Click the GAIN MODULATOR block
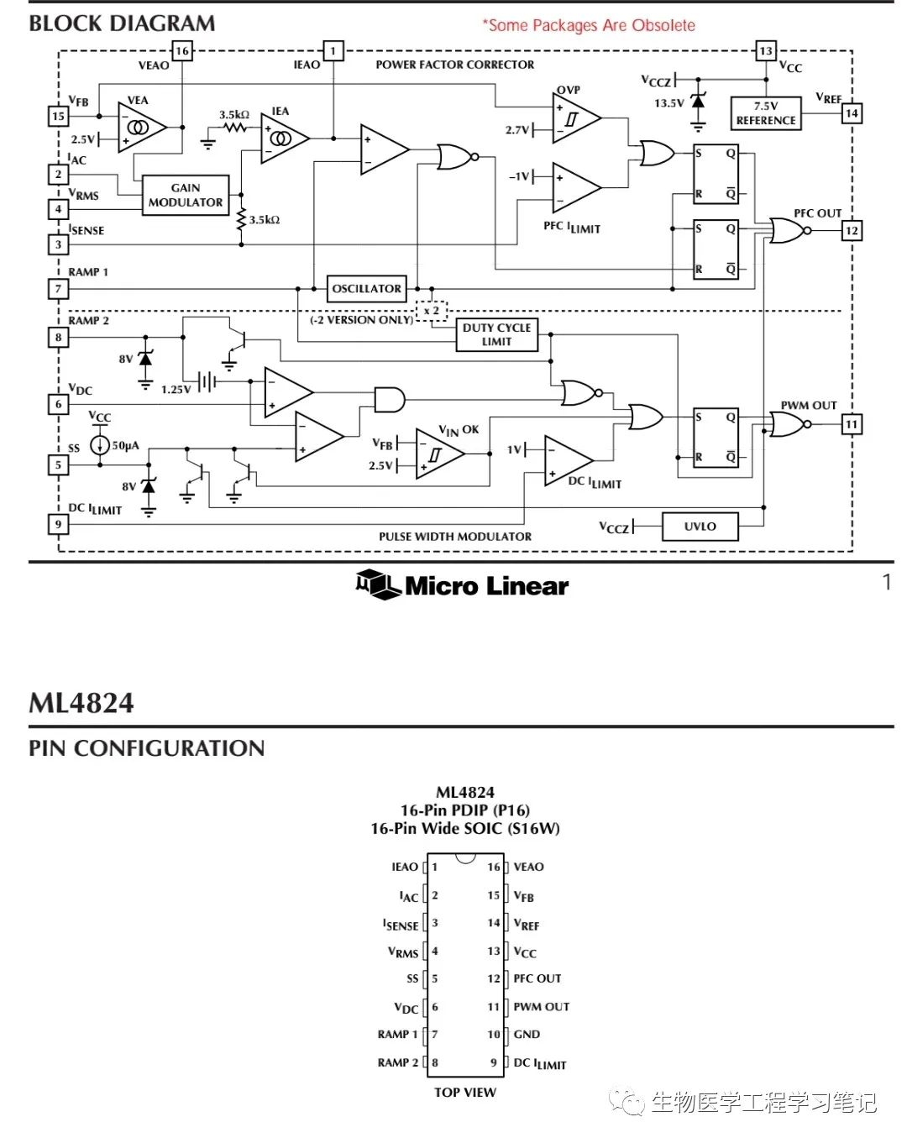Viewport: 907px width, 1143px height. point(186,195)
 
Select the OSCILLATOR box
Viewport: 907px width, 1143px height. point(367,288)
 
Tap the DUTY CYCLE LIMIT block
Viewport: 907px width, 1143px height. point(496,334)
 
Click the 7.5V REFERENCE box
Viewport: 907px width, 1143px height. point(765,113)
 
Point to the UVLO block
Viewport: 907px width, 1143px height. point(700,527)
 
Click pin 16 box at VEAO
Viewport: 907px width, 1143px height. point(181,50)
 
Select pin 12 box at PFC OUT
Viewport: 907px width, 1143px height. point(852,230)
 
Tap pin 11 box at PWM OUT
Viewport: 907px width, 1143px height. point(852,424)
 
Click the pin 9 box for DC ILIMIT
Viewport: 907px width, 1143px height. point(58,524)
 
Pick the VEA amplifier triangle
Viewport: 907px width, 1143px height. point(139,128)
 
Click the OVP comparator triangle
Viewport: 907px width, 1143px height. point(574,118)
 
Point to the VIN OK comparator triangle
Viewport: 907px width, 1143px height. point(437,454)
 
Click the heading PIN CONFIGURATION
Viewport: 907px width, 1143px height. point(147,747)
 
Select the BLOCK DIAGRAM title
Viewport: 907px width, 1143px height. point(122,24)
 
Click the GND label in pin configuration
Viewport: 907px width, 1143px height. point(527,1034)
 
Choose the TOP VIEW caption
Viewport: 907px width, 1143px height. point(465,1092)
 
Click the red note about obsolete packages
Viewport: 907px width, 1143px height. point(589,25)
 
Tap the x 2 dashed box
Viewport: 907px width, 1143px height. point(432,311)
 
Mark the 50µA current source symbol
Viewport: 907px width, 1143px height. point(100,445)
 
